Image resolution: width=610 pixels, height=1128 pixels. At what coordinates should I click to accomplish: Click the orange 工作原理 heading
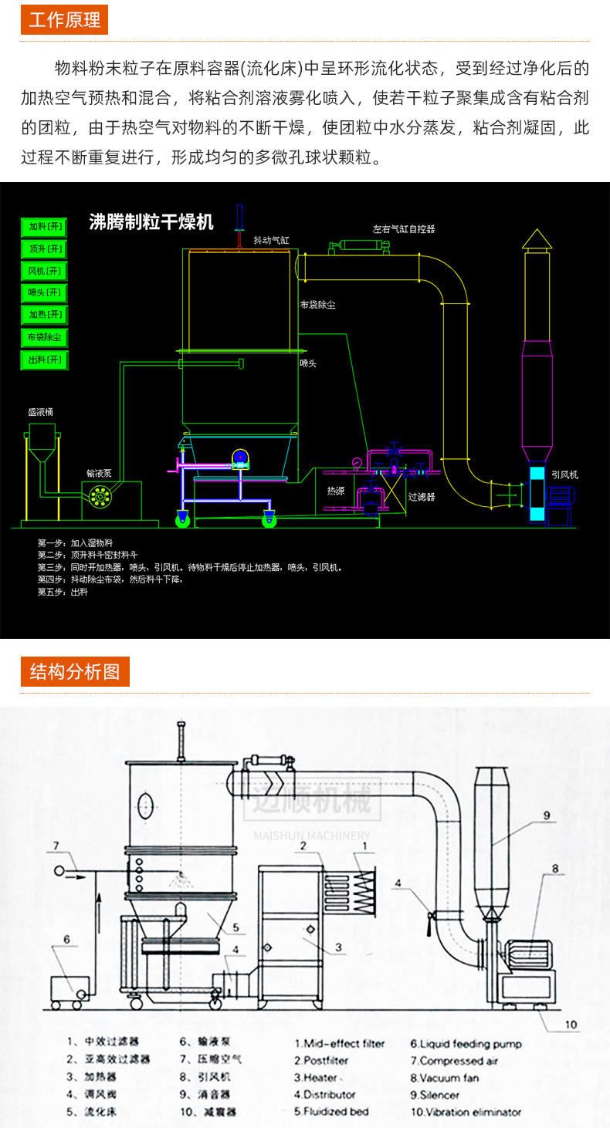point(64,19)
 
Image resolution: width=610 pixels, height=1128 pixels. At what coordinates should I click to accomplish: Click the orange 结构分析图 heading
point(75,671)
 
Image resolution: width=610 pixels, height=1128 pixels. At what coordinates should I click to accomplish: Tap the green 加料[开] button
point(45,227)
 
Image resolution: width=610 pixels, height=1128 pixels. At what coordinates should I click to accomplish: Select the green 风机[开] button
point(45,271)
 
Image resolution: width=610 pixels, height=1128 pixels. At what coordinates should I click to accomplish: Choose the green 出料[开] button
point(45,360)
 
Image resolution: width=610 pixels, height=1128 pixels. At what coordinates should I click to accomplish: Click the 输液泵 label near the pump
point(99,472)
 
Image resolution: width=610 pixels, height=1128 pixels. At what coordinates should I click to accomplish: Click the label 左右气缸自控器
point(404,229)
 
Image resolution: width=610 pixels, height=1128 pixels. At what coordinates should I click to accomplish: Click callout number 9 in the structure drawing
point(546,815)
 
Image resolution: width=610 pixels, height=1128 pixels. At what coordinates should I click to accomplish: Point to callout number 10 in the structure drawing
point(570,1025)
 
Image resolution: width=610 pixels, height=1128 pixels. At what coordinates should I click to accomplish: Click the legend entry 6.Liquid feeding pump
point(466,1044)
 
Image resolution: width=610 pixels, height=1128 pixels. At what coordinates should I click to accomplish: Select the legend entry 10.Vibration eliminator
point(466,1112)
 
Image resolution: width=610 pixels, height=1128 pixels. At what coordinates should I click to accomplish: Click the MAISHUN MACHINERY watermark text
point(312,836)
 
